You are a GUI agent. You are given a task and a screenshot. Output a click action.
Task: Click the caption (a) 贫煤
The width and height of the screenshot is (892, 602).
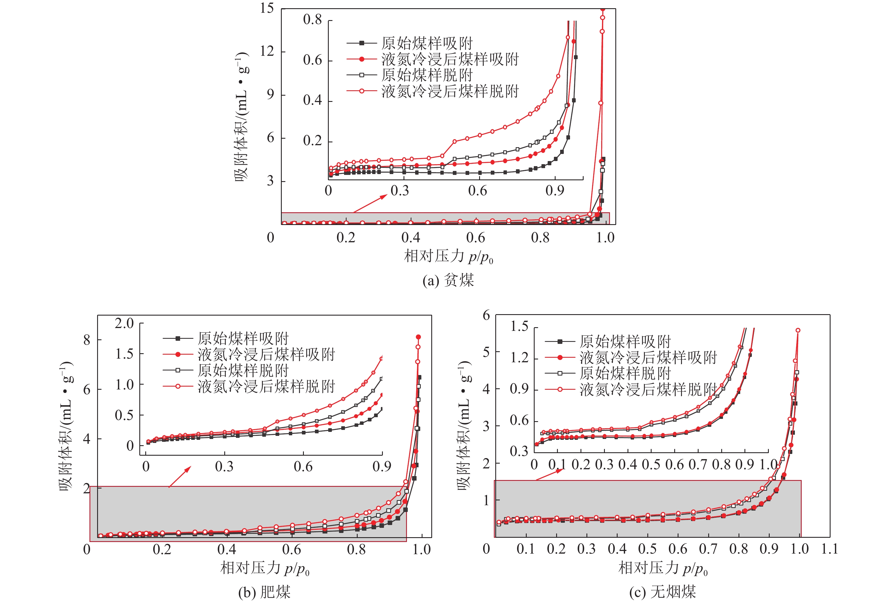[x=448, y=280]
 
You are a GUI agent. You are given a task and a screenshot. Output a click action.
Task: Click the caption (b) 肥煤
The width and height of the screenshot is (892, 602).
[x=264, y=592]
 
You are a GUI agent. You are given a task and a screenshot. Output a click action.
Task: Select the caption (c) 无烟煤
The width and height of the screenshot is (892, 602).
[x=662, y=592]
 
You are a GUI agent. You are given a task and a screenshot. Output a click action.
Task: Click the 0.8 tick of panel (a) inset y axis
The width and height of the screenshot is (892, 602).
[x=312, y=20]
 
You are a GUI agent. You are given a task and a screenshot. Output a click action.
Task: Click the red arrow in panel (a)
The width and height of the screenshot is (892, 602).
[x=370, y=203]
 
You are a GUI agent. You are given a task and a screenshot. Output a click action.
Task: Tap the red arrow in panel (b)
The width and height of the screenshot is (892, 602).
[x=180, y=477]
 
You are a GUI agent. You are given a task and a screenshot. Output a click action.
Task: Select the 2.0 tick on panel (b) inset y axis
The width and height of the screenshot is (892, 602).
[x=124, y=324]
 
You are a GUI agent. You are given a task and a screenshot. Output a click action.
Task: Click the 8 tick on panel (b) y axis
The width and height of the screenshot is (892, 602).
[x=87, y=340]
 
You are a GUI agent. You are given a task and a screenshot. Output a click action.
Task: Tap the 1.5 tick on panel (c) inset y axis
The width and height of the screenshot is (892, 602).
[x=519, y=327]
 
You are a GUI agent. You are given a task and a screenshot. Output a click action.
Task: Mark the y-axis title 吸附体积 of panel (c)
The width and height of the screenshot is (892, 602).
[x=464, y=426]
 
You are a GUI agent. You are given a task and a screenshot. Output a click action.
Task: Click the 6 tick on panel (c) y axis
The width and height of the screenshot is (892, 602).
[x=486, y=315]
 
